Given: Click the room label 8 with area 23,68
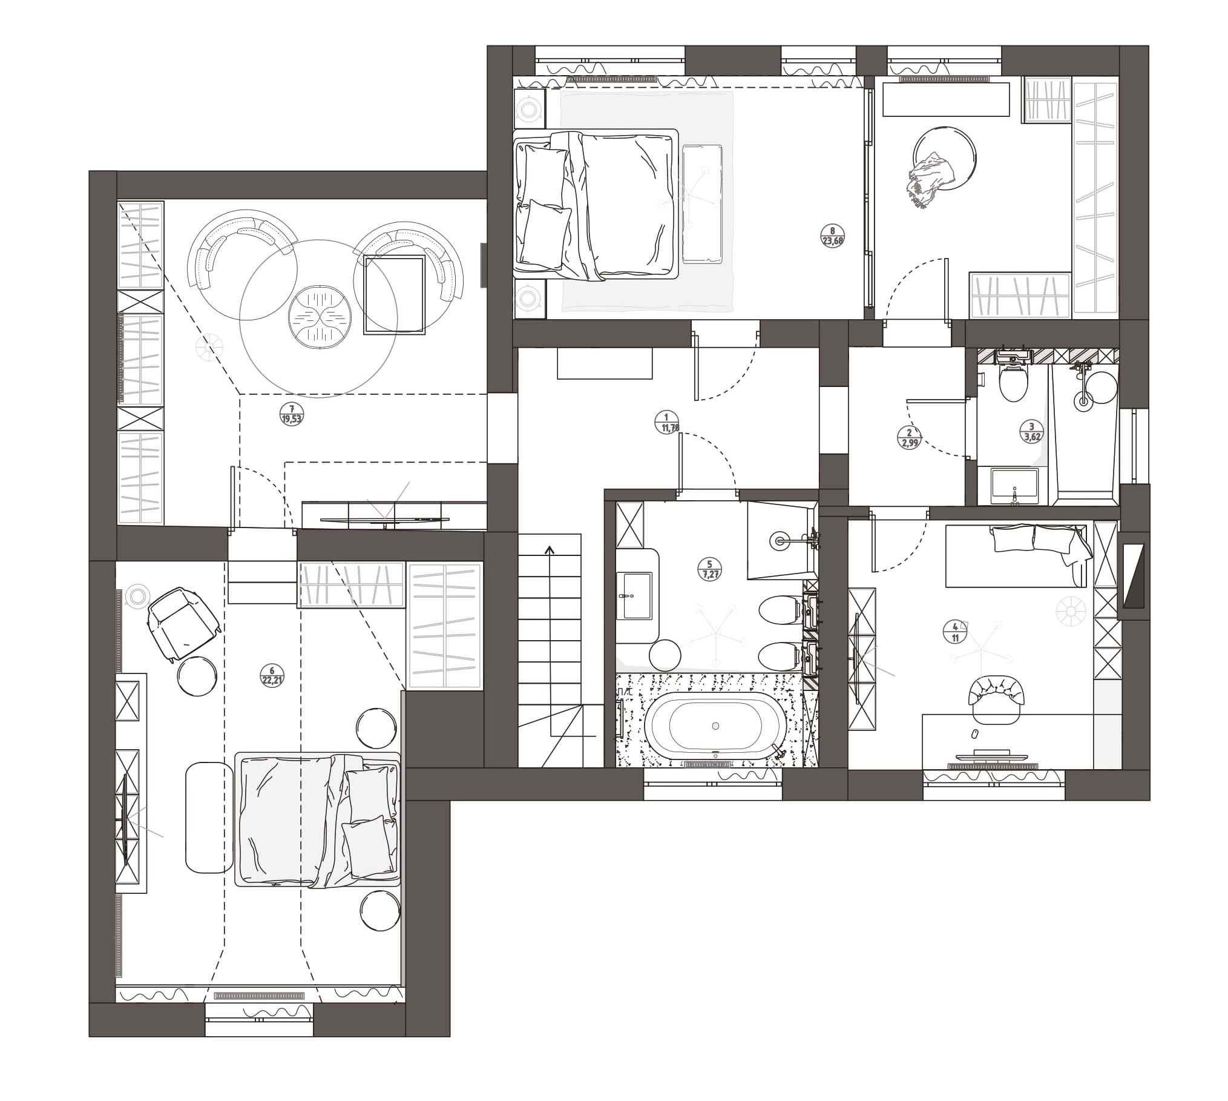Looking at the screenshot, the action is point(833,234).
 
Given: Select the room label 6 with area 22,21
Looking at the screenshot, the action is point(272,675).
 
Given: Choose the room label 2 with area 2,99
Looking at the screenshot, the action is point(909,437).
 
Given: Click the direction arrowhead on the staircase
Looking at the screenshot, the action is point(550,550).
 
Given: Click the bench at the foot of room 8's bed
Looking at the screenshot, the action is point(703,203).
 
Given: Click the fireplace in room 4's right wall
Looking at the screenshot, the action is point(1133,575).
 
